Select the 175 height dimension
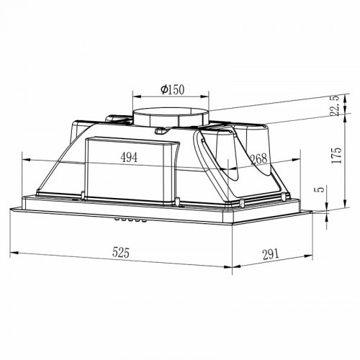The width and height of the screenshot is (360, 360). [333, 161]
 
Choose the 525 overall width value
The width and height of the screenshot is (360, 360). [123, 253]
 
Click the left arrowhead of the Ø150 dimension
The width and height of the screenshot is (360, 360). [135, 99]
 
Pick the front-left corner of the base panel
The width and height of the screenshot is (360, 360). [12, 209]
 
